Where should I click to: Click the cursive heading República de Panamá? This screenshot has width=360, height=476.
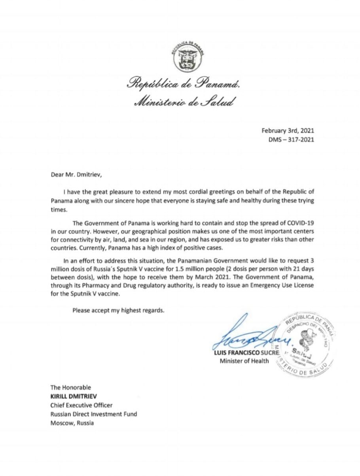(183, 83)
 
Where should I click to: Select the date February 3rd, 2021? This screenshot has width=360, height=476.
(288, 130)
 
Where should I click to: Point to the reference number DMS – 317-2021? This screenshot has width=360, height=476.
(292, 139)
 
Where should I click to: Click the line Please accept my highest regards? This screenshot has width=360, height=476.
(118, 310)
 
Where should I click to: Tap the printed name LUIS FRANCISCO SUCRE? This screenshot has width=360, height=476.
(246, 352)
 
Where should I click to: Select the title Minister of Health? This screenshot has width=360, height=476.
(244, 360)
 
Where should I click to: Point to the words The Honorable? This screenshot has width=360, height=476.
(70, 387)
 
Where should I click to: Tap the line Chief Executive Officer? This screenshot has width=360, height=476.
(81, 405)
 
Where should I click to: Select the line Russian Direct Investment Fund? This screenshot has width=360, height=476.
(93, 414)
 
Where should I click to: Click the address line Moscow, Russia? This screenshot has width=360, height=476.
(72, 423)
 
